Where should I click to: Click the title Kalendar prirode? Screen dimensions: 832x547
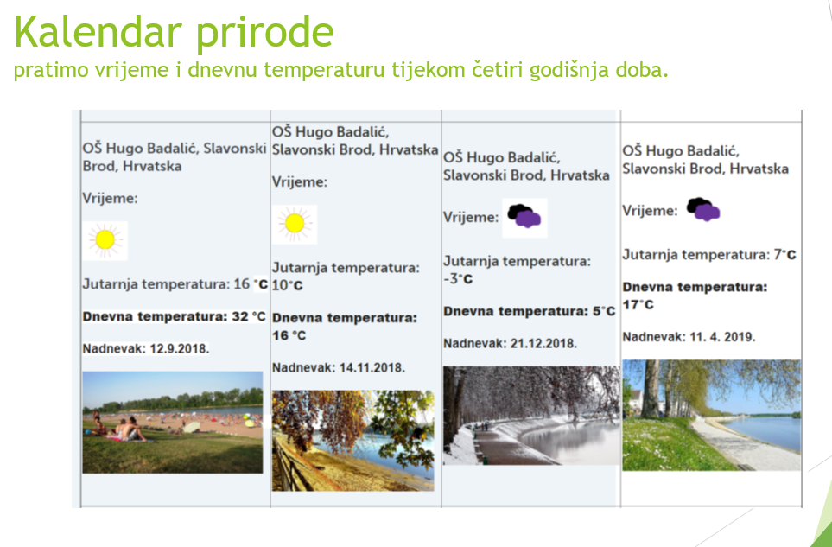(x=174, y=33)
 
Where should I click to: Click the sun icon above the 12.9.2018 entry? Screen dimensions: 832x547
(x=105, y=240)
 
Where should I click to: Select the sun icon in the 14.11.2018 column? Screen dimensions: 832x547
(x=295, y=224)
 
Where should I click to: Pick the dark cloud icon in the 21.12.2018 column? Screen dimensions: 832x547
(x=524, y=217)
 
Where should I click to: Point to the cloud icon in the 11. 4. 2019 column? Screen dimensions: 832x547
(x=703, y=210)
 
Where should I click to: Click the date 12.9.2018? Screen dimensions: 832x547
(x=180, y=348)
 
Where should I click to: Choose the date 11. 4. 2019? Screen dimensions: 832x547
(x=722, y=337)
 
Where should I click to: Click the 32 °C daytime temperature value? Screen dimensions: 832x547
(x=249, y=317)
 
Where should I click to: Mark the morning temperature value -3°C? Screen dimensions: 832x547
(x=458, y=278)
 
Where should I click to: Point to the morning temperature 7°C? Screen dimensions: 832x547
(x=784, y=255)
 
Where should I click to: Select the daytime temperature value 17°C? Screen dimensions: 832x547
(x=638, y=304)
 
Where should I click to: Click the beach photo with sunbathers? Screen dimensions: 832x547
(x=173, y=423)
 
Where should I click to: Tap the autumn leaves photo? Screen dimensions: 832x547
(x=352, y=441)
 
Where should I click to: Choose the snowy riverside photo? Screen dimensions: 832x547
(x=531, y=416)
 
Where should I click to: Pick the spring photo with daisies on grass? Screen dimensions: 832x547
(x=712, y=415)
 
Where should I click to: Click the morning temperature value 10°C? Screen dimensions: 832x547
(x=288, y=285)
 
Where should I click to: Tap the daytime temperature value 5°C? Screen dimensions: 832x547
(x=604, y=311)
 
